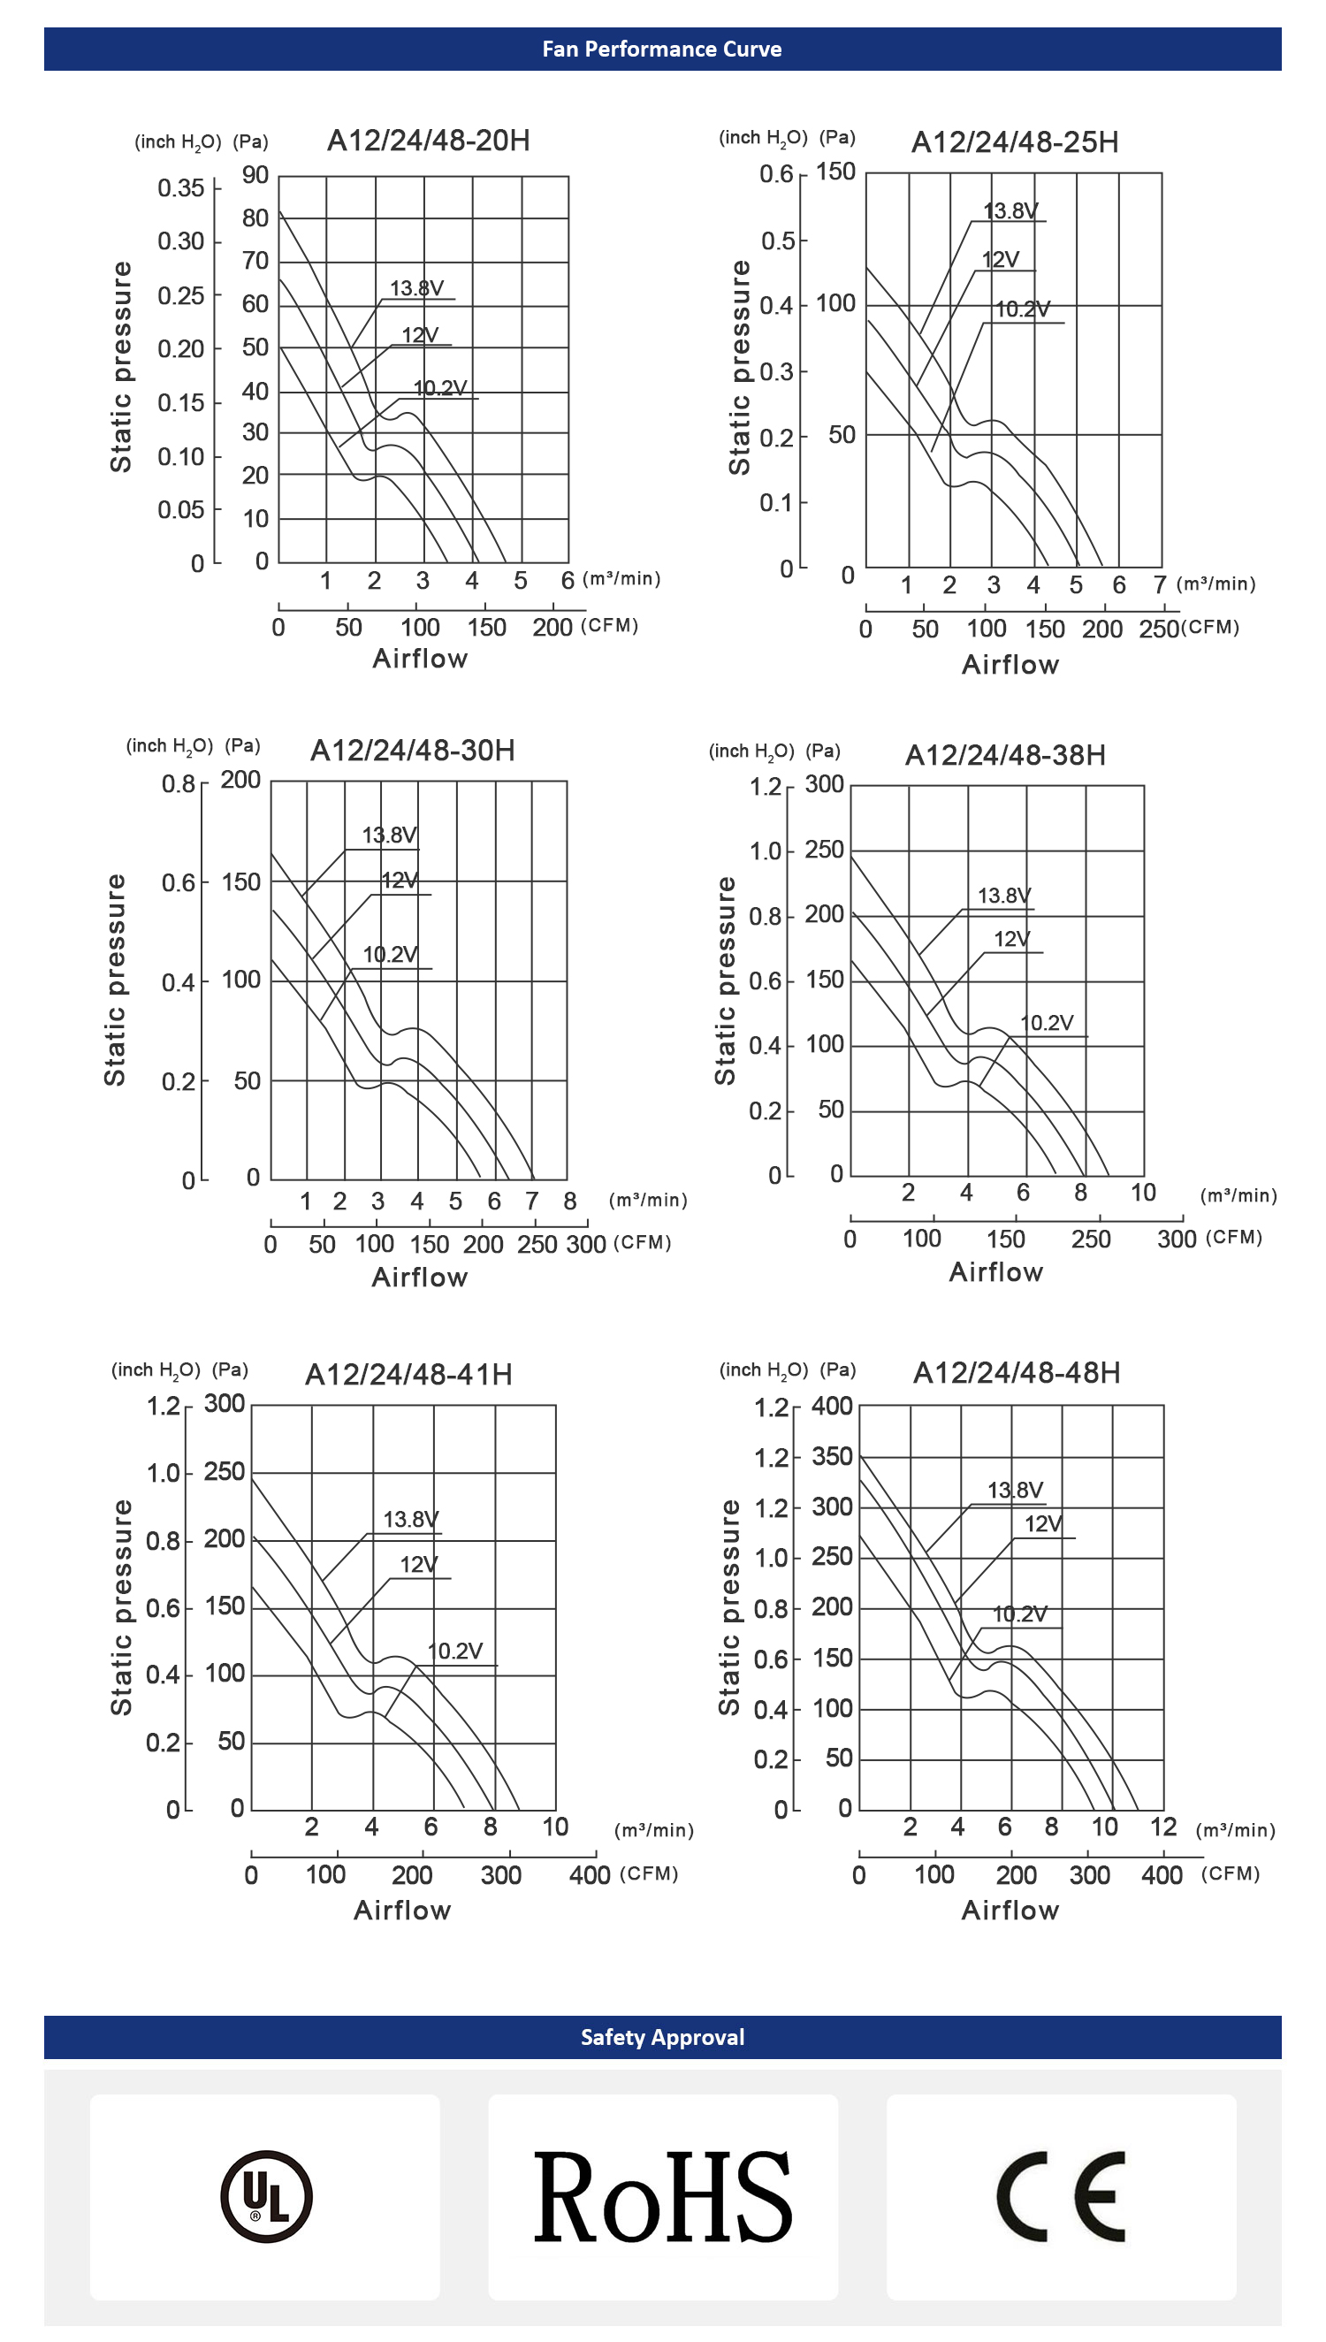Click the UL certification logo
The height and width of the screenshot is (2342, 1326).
click(x=266, y=2196)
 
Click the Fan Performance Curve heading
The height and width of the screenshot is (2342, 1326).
click(x=662, y=50)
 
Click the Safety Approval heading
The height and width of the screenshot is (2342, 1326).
click(x=662, y=2037)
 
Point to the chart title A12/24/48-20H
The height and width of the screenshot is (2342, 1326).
click(x=428, y=141)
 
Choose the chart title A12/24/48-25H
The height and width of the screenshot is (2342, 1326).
click(x=1015, y=143)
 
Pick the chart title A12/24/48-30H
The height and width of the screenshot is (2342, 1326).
click(x=413, y=751)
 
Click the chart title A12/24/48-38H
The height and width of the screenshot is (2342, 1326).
click(x=1005, y=755)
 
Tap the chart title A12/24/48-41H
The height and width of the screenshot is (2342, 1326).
click(x=409, y=1374)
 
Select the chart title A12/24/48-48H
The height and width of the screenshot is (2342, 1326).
click(x=1017, y=1372)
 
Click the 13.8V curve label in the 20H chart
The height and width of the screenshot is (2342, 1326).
click(x=416, y=288)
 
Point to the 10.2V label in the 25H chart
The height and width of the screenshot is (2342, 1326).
click(x=1022, y=309)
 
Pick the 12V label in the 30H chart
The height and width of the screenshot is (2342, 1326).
click(x=400, y=881)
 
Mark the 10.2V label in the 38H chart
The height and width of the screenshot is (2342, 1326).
click(x=1047, y=1023)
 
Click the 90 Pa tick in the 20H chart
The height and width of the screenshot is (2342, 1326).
click(x=255, y=175)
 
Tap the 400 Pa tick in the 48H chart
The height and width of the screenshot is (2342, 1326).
click(x=832, y=1406)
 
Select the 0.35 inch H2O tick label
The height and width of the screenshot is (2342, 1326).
click(x=180, y=188)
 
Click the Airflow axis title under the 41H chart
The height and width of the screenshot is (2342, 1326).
click(x=402, y=1911)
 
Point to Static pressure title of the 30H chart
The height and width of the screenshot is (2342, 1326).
click(x=115, y=980)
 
